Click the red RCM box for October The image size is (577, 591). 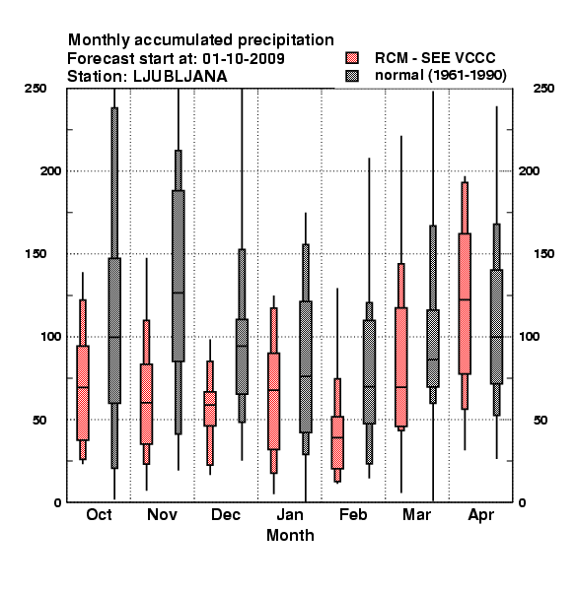(x=83, y=393)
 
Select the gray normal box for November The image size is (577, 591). (x=179, y=276)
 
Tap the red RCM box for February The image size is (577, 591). (x=337, y=442)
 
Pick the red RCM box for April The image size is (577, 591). (x=465, y=303)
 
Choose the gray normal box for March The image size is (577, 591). (x=433, y=349)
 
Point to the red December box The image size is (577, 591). (x=210, y=409)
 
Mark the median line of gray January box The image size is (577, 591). (x=306, y=376)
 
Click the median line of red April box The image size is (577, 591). (x=465, y=299)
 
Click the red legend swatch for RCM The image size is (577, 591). (x=352, y=58)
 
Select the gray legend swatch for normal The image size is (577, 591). (x=352, y=76)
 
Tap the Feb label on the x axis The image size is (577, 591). (x=353, y=514)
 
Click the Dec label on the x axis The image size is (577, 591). (x=226, y=514)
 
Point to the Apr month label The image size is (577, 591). (x=480, y=515)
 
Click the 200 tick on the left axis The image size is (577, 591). (x=50, y=171)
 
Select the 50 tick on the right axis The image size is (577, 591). (x=541, y=420)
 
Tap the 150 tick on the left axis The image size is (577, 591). (x=36, y=254)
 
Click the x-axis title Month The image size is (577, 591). (x=290, y=536)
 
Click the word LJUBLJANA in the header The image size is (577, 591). (x=180, y=77)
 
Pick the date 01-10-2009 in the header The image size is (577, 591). (x=244, y=59)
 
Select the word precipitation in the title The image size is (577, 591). (x=286, y=40)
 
